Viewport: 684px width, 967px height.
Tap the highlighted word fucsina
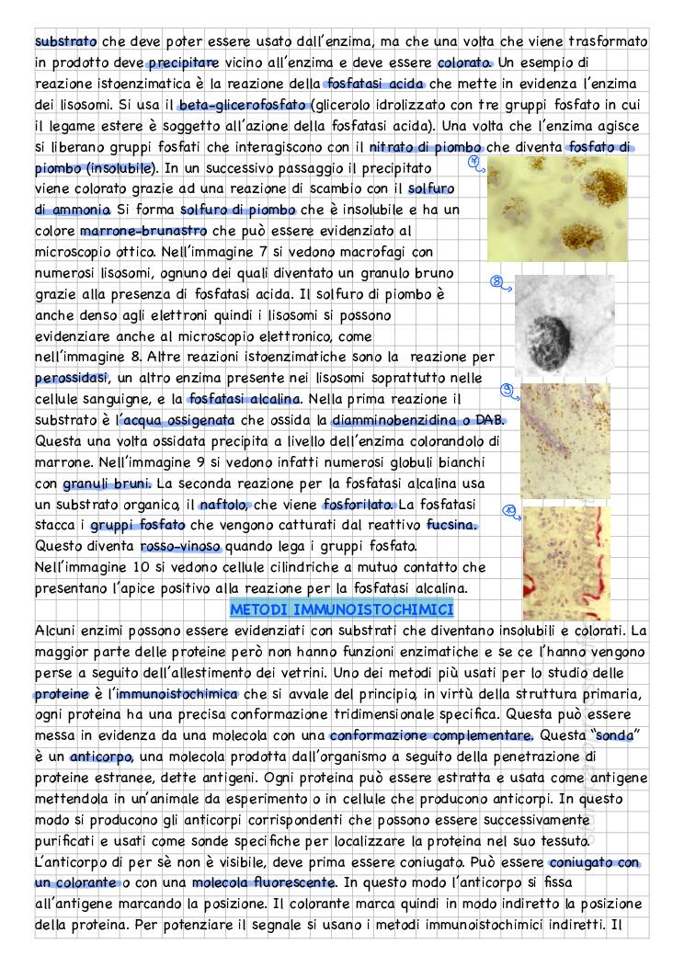(x=451, y=526)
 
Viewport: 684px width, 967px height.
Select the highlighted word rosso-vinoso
(x=180, y=547)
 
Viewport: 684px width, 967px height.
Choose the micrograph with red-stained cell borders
(x=565, y=563)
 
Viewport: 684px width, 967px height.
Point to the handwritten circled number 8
(x=497, y=282)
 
